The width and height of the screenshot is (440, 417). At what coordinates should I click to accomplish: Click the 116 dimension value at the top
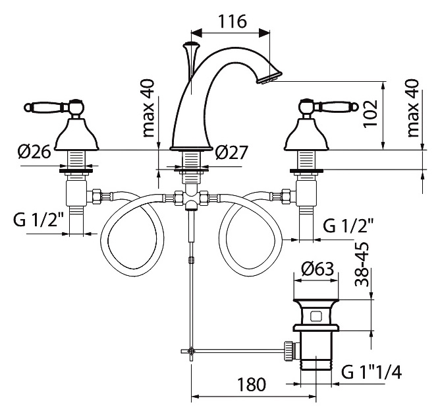click(233, 21)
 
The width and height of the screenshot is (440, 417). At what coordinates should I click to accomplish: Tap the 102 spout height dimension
click(370, 113)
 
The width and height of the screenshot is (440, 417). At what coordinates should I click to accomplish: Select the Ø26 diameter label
click(34, 152)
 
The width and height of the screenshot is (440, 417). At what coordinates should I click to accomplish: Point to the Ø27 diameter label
click(231, 152)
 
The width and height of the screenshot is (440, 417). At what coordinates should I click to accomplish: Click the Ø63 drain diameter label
click(317, 269)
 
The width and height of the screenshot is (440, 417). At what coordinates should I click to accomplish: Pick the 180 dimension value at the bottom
click(252, 384)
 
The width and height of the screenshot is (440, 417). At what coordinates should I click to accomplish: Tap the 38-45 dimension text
click(362, 264)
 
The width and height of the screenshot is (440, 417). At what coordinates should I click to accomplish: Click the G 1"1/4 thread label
click(371, 372)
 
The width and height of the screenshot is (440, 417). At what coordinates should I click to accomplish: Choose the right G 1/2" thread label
click(349, 225)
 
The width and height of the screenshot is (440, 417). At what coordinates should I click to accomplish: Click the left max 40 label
click(149, 108)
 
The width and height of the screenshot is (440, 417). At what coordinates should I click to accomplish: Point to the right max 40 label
click(413, 108)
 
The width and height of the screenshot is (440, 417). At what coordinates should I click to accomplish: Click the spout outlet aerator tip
click(269, 77)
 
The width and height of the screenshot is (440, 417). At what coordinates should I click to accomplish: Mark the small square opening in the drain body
click(316, 316)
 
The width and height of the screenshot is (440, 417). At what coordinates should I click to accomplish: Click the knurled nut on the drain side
click(289, 351)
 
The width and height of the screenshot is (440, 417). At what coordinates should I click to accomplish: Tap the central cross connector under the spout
click(191, 197)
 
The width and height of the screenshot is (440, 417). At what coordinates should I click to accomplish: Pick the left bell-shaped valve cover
click(76, 135)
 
